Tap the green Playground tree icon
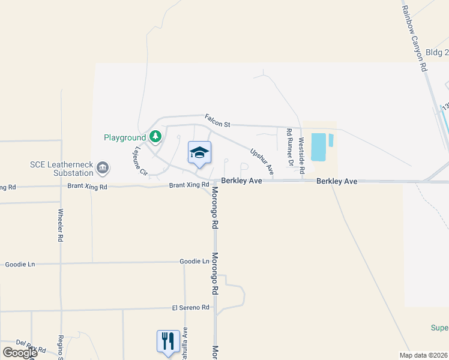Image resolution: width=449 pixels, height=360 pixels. (x=155, y=137)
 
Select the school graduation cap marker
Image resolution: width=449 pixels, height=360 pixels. (x=199, y=153)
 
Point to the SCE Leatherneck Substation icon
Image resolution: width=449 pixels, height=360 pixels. (x=103, y=167)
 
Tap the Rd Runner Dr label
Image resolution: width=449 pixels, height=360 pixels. (x=290, y=146)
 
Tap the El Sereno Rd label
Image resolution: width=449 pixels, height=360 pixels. (x=190, y=307)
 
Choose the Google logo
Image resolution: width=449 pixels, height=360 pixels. (x=20, y=352)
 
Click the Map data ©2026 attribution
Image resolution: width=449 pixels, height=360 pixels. (x=424, y=355)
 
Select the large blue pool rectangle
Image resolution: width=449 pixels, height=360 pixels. (x=319, y=147)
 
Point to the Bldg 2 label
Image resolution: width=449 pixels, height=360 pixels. (x=437, y=53)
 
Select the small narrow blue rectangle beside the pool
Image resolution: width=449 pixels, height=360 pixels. (x=331, y=140)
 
